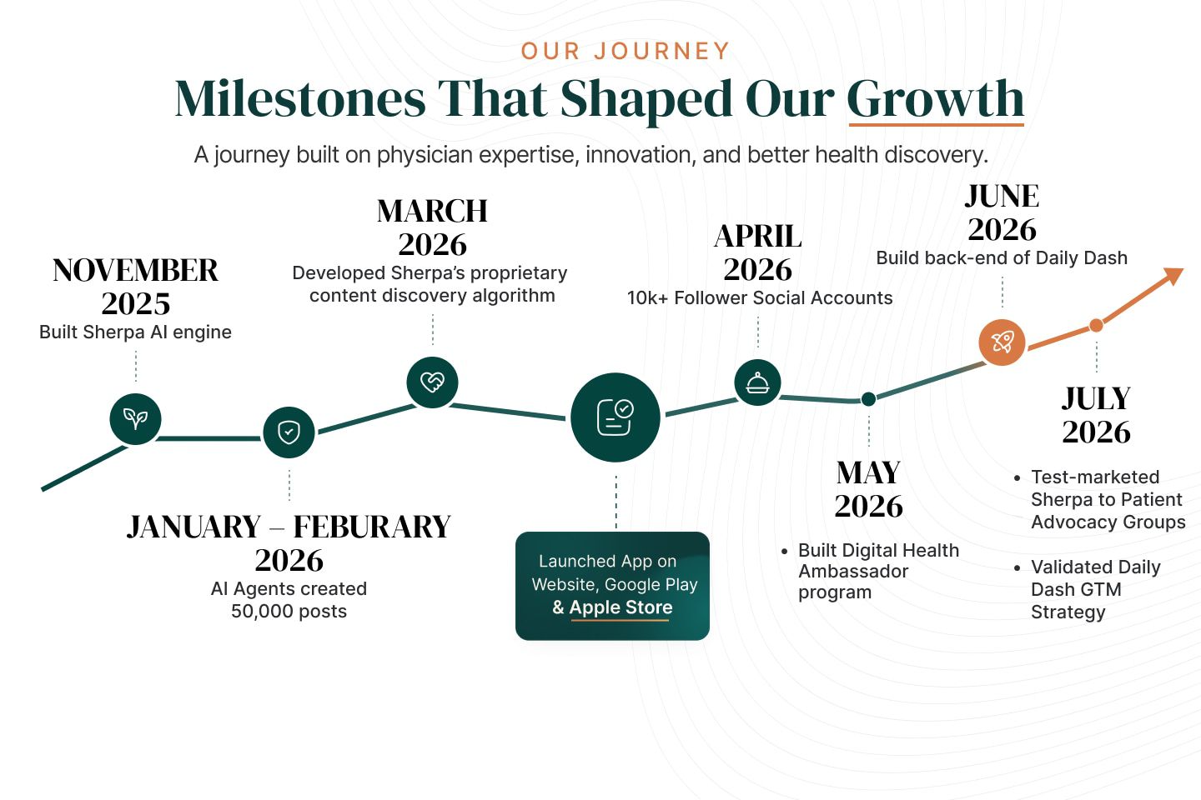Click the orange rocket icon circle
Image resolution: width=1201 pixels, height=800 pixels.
pyautogui.click(x=1002, y=342)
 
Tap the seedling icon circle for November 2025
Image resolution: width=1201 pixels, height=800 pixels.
pyautogui.click(x=136, y=418)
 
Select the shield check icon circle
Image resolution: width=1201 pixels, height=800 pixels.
pyautogui.click(x=289, y=432)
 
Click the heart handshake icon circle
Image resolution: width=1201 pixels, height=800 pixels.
pyautogui.click(x=432, y=382)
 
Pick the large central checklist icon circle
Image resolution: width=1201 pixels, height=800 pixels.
pyautogui.click(x=615, y=417)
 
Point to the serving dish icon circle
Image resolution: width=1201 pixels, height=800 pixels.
pyautogui.click(x=757, y=382)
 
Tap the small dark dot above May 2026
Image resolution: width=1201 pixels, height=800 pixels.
pyautogui.click(x=868, y=398)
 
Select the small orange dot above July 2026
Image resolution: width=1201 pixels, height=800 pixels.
pyautogui.click(x=1097, y=325)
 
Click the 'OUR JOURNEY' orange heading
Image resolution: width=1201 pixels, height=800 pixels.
pyautogui.click(x=626, y=52)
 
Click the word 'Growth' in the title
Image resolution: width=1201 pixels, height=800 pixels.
pyautogui.click(x=936, y=98)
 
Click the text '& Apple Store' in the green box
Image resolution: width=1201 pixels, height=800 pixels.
pyautogui.click(x=612, y=607)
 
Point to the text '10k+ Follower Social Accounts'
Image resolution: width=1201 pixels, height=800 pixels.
pyautogui.click(x=760, y=298)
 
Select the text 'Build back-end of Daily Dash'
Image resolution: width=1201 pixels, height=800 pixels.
pyautogui.click(x=1002, y=257)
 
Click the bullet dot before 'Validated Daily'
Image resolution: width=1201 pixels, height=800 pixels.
pyautogui.click(x=1018, y=567)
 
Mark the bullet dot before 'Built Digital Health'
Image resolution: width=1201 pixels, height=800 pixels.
pyautogui.click(x=784, y=551)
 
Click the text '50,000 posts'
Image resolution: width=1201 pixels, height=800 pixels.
pyautogui.click(x=289, y=611)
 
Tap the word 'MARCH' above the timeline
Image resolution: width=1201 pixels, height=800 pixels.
pyautogui.click(x=432, y=211)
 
